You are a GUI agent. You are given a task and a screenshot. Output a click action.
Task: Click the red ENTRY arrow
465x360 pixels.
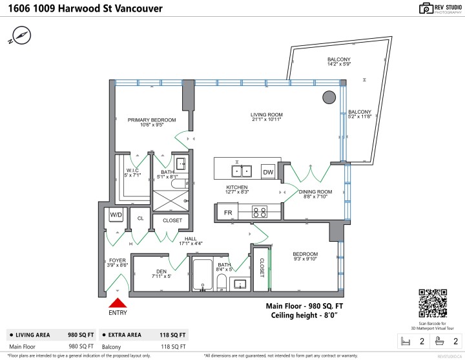[117, 302]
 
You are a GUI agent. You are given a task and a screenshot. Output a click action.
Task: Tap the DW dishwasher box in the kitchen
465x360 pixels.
[268, 171]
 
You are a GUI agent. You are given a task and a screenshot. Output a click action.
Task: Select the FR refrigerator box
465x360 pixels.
[227, 212]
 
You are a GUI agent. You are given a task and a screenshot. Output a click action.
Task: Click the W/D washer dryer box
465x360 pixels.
[116, 215]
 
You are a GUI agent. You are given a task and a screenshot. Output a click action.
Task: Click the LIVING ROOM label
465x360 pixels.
[267, 115]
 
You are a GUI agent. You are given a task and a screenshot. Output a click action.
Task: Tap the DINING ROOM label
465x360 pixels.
[315, 192]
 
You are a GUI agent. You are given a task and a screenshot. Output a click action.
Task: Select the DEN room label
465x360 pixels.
[162, 271]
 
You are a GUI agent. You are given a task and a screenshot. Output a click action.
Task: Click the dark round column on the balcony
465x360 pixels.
[329, 98]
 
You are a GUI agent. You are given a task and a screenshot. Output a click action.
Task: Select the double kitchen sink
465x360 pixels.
[243, 171]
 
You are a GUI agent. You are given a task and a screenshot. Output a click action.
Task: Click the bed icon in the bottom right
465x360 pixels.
[406, 341]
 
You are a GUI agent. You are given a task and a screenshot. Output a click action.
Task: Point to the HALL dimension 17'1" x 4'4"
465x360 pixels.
[191, 244]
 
